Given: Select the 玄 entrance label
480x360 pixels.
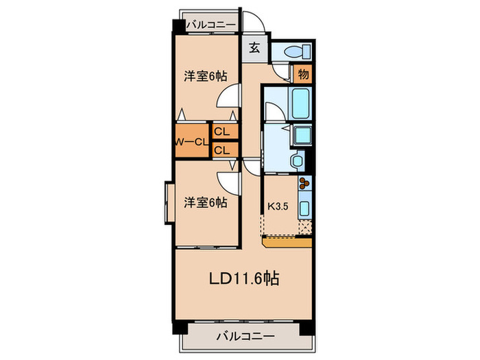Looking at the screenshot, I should [x=254, y=48].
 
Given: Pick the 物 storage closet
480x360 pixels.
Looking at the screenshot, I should [x=302, y=73].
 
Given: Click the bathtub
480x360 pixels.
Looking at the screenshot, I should [x=302, y=104].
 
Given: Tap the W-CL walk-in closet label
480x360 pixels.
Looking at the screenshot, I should [x=191, y=142].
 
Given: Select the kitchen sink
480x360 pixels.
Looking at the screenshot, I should [x=305, y=208].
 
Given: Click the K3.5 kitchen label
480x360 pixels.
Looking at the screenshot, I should [x=277, y=204].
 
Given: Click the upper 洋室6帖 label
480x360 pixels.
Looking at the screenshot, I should [x=205, y=76].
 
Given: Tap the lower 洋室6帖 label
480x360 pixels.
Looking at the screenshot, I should [x=205, y=203].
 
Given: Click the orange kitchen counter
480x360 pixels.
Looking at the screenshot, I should [x=287, y=242].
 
